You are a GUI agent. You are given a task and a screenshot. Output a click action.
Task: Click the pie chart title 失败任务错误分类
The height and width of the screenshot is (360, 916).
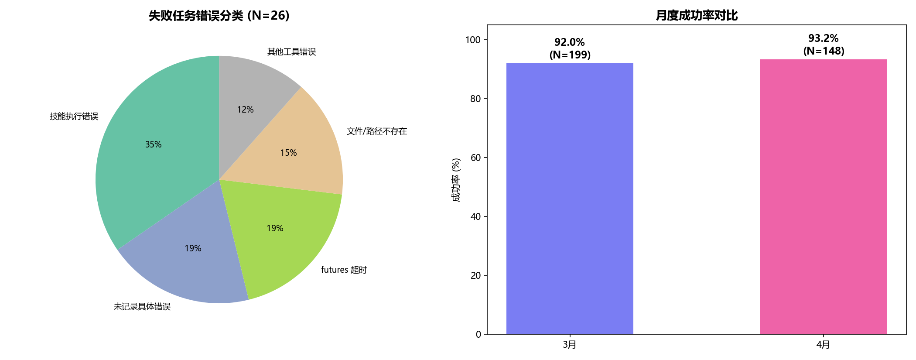pyautogui.click(x=219, y=16)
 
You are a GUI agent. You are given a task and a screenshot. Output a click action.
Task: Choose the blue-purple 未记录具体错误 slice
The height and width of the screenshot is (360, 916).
pyautogui.click(x=192, y=253)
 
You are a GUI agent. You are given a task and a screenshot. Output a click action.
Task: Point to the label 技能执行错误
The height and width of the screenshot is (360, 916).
pyautogui.click(x=74, y=117)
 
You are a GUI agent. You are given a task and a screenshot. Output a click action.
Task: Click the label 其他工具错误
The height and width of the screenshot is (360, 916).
pyautogui.click(x=291, y=52)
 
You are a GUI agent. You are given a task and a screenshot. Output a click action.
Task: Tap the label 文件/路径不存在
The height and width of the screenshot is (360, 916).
pyautogui.click(x=377, y=131)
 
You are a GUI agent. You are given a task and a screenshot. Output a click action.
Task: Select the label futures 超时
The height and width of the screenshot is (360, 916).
pyautogui.click(x=344, y=270)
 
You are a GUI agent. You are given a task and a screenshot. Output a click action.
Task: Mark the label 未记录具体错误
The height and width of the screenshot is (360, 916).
pyautogui.click(x=142, y=307)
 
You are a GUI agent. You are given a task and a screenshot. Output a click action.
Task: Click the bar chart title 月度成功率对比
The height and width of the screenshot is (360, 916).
pyautogui.click(x=697, y=16)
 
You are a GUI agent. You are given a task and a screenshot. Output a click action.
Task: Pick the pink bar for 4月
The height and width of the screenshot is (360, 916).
pyautogui.click(x=824, y=196)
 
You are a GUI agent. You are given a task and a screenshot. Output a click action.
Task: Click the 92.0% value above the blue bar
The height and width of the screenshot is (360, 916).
pyautogui.click(x=570, y=42)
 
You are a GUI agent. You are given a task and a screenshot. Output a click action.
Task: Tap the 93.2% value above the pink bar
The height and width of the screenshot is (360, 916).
pyautogui.click(x=824, y=38)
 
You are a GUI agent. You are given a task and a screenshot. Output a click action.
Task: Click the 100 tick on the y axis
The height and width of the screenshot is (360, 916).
pyautogui.click(x=473, y=40)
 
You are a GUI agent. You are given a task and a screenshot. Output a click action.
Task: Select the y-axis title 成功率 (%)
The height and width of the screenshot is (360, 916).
pyautogui.click(x=456, y=180)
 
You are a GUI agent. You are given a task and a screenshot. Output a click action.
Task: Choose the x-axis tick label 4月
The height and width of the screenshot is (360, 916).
pyautogui.click(x=824, y=345)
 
